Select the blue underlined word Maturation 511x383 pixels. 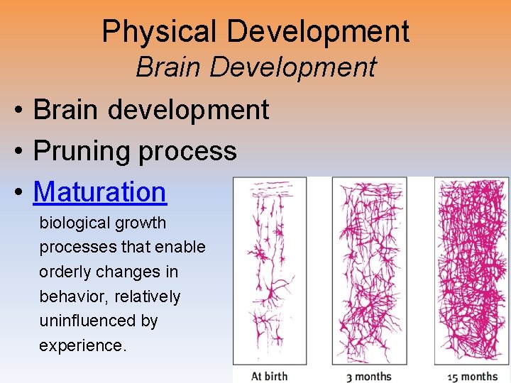point(99,191)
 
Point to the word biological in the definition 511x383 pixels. point(72,223)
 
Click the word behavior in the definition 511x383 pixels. point(70,296)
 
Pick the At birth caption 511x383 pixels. point(269,375)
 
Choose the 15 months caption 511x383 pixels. point(472,375)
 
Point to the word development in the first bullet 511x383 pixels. point(189,110)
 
